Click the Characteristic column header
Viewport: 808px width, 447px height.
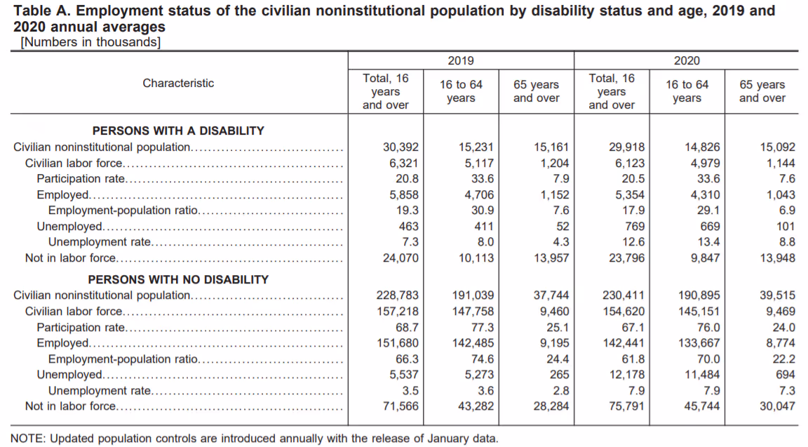(x=178, y=83)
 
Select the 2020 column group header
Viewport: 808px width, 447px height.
(x=686, y=61)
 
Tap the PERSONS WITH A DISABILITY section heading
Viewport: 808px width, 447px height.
(x=178, y=131)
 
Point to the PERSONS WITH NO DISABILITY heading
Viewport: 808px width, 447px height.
(x=178, y=279)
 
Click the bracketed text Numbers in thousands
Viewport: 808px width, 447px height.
(x=90, y=42)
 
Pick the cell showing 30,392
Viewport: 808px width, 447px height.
(x=400, y=147)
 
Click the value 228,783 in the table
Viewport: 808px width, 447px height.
(x=398, y=295)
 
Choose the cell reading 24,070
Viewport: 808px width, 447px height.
(x=400, y=258)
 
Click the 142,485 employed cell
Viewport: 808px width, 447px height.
(x=473, y=343)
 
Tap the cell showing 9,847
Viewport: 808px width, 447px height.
(x=705, y=258)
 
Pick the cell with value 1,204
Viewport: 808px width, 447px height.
(x=555, y=163)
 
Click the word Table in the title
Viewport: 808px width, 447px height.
(x=31, y=11)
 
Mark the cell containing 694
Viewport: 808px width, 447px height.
(x=786, y=374)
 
